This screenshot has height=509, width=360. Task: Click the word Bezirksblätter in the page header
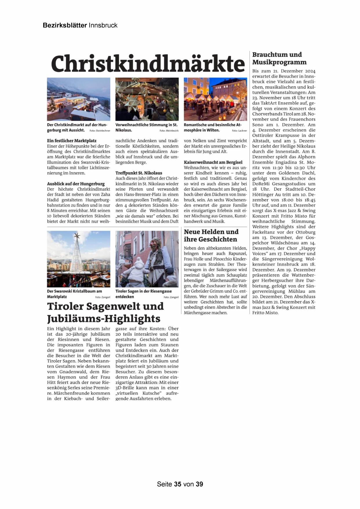coord(65,25)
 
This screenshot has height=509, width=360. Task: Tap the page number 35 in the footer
coord(178,484)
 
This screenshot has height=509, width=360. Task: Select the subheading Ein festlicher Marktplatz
coord(72,141)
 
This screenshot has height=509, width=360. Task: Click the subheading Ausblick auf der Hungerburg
coord(76,184)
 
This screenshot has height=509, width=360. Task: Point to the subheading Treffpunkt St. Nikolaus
coord(139,173)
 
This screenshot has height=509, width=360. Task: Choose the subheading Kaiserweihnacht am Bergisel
coord(213,162)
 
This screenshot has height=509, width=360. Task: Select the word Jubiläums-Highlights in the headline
coord(104,319)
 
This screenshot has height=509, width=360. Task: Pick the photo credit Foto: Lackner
coord(239,131)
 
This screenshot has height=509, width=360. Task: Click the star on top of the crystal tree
coord(77,235)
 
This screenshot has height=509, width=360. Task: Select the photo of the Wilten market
coord(215,99)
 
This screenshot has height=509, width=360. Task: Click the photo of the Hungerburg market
coord(79,99)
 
